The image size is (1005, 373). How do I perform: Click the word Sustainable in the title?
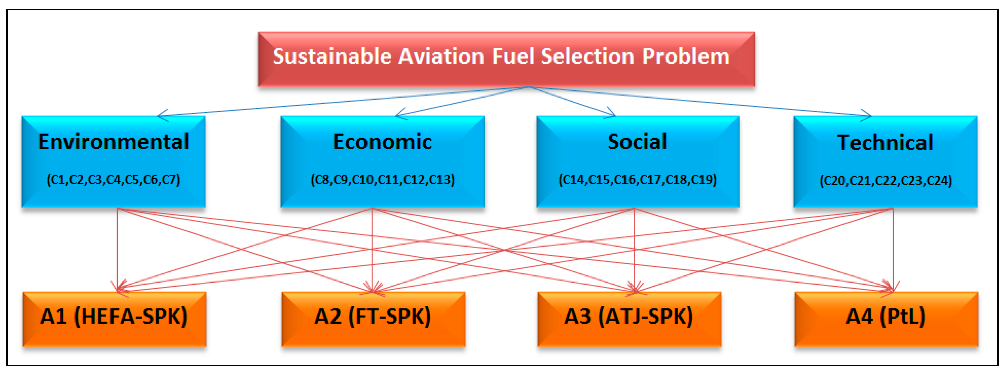click(x=332, y=57)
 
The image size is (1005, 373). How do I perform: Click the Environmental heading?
click(x=114, y=142)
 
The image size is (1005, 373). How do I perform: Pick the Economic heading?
click(x=382, y=142)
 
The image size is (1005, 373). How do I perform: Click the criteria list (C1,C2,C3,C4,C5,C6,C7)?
click(x=114, y=179)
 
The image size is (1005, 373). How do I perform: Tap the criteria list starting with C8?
click(x=382, y=179)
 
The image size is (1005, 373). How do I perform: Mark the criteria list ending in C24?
click(x=885, y=181)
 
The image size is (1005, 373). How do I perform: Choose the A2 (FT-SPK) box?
click(x=373, y=319)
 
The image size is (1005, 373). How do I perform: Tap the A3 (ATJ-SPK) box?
click(x=629, y=319)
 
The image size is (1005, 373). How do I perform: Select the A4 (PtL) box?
click(x=886, y=319)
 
